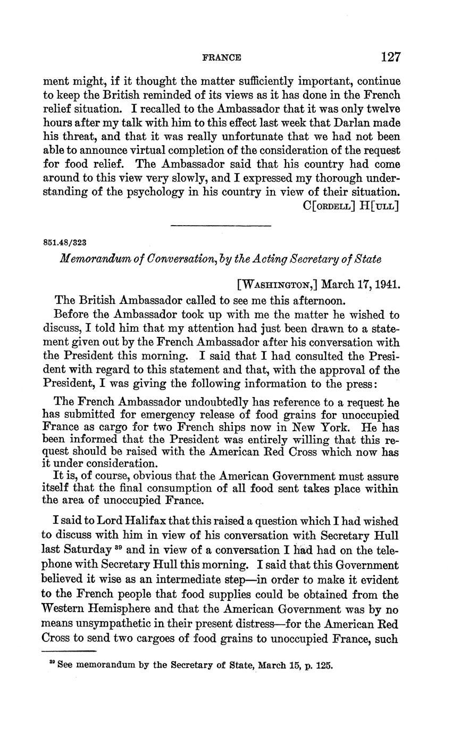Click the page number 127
[390, 57]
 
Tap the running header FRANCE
[222, 57]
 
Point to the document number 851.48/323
[64, 242]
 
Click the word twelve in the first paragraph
[382, 110]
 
